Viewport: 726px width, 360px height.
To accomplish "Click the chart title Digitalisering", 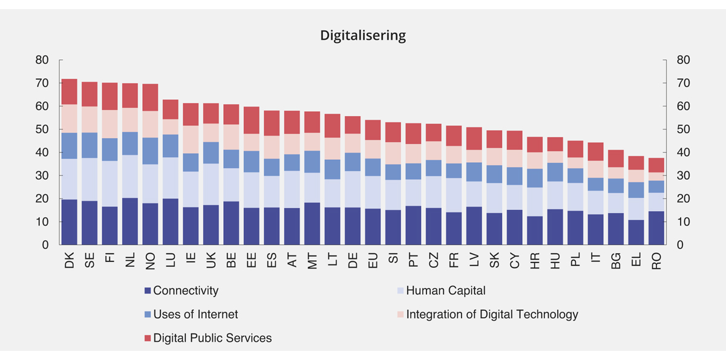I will [x=363, y=36].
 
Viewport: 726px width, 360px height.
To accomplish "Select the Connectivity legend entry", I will [x=185, y=291].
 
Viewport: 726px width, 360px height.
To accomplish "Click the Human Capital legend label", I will [x=445, y=291].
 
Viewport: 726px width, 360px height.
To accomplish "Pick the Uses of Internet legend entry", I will [x=195, y=315].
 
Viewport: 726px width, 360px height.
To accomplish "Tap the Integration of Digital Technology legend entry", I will [x=492, y=315].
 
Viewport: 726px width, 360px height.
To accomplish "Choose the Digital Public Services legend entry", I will [x=212, y=338].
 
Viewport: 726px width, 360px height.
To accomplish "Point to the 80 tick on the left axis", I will [x=42, y=60].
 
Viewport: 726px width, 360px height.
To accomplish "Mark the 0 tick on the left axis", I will [x=45, y=245].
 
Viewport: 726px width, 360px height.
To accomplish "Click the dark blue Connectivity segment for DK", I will [x=70, y=222].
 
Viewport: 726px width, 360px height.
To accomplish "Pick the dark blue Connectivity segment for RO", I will [x=657, y=228].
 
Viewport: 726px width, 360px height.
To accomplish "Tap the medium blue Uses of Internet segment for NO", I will [x=151, y=151].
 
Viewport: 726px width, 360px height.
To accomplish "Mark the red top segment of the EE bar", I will [x=252, y=120].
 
